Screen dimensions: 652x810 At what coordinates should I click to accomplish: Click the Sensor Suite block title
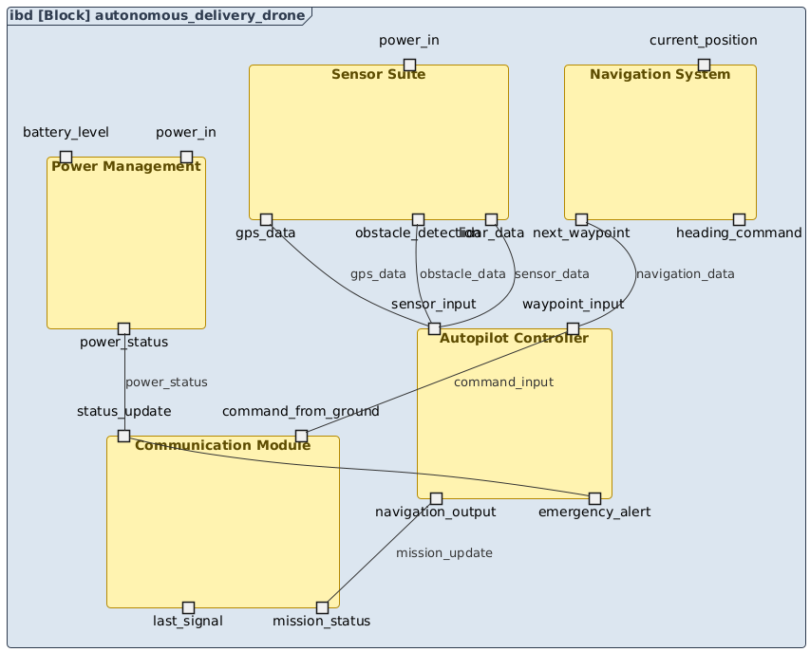[378, 75]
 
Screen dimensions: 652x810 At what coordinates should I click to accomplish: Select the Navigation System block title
[660, 75]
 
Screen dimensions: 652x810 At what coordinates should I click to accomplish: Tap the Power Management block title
[126, 167]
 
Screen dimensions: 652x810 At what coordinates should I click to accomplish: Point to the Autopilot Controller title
[514, 338]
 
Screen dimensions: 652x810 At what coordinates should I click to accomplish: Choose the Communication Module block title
[223, 445]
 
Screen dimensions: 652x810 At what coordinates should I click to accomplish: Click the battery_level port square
[66, 157]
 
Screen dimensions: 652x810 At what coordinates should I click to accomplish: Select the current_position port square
[704, 65]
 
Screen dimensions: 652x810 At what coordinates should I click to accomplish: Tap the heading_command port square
[739, 219]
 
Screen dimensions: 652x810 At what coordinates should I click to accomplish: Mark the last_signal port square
[188, 606]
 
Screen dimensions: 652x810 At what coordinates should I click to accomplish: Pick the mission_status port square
[322, 606]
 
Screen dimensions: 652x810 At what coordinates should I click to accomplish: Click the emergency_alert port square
[594, 498]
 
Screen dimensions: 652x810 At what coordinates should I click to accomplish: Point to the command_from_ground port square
[301, 436]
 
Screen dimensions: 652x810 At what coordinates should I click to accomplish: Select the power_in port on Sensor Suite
[409, 65]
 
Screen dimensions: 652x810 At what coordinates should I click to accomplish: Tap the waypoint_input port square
[573, 328]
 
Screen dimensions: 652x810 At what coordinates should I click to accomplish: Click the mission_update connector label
[444, 552]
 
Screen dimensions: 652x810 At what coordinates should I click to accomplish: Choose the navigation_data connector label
[685, 274]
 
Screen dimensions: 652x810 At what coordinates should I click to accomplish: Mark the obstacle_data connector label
[462, 274]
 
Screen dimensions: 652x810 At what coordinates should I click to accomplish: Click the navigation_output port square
[436, 498]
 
